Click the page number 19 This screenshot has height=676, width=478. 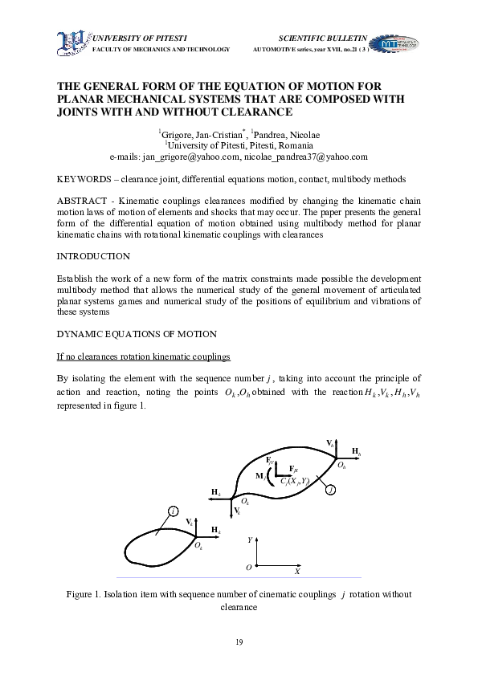(239, 641)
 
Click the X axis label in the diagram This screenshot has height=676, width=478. (296, 572)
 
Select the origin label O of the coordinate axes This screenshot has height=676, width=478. (248, 568)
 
